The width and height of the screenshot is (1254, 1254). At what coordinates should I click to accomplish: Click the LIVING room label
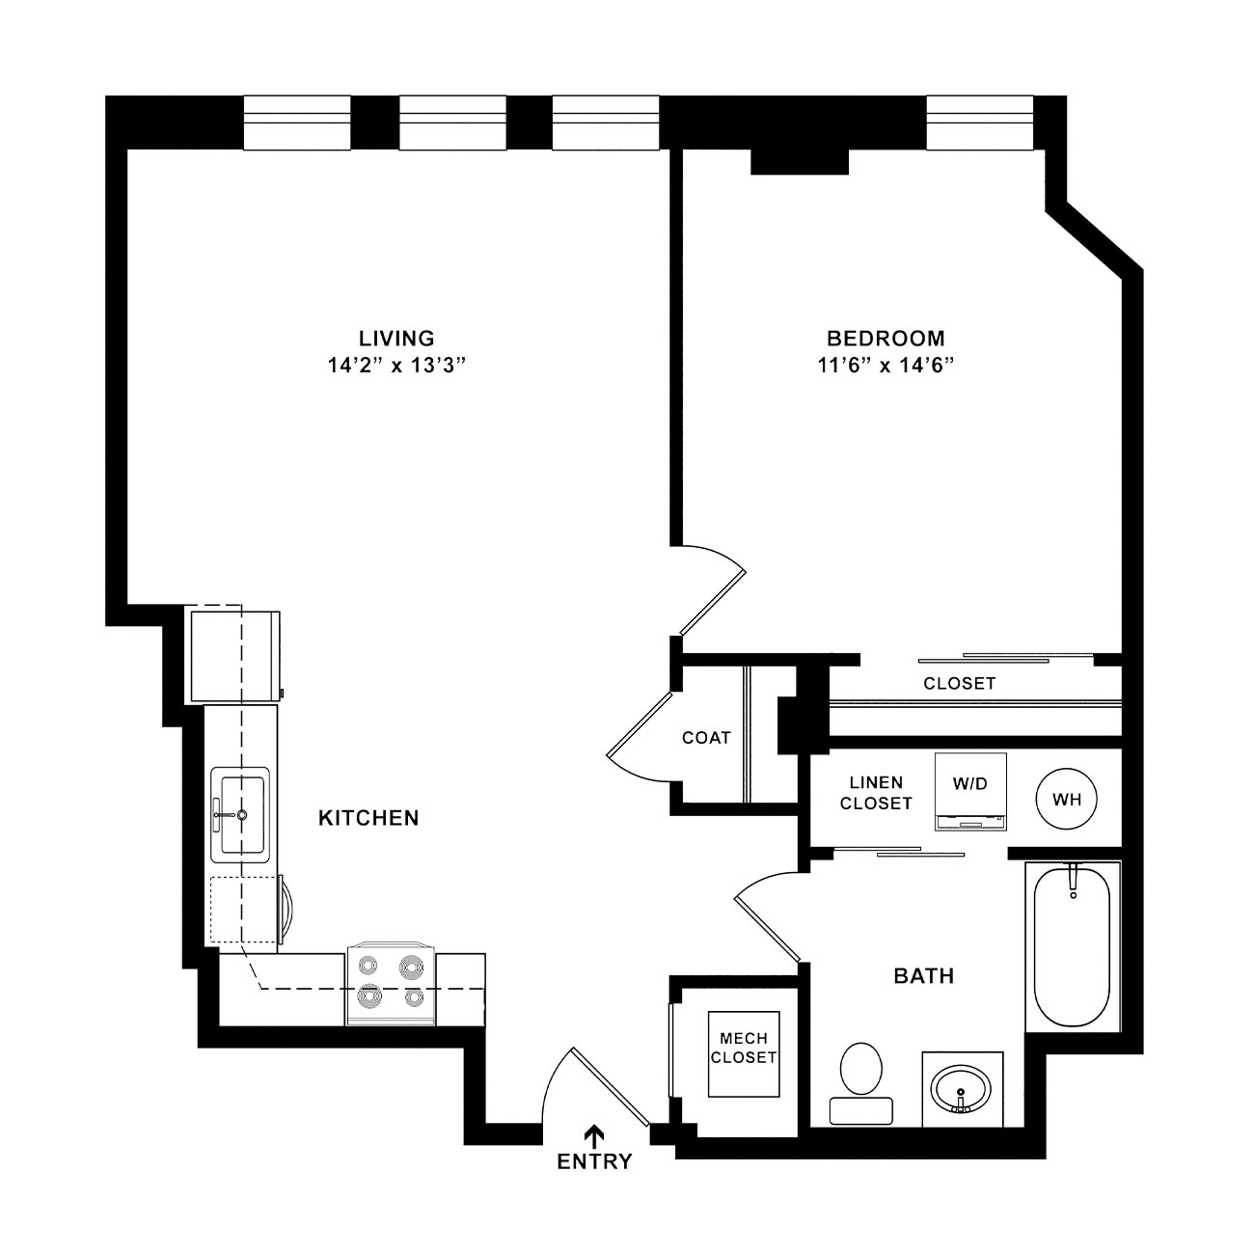click(396, 339)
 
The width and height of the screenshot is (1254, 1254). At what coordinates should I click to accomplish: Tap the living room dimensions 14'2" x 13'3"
click(396, 366)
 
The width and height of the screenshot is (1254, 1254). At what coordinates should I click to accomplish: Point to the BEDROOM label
click(886, 339)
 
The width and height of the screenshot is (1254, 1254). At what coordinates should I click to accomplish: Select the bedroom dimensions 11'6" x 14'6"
click(886, 366)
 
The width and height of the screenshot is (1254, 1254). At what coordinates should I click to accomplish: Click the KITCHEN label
click(368, 818)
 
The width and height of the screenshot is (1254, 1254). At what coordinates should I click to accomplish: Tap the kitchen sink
click(240, 815)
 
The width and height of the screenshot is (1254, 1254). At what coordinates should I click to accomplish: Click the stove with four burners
click(391, 983)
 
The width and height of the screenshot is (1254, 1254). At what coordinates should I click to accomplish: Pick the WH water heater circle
click(1066, 799)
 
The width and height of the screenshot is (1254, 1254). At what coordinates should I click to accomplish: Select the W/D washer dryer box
click(970, 791)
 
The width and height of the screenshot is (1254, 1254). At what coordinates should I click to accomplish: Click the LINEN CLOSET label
click(876, 793)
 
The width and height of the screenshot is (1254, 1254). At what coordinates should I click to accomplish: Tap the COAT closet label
click(706, 738)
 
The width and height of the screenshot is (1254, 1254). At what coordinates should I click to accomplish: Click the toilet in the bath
click(861, 1085)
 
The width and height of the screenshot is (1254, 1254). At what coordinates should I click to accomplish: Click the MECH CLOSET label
click(743, 1049)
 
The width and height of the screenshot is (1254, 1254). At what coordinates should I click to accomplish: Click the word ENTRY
click(594, 1162)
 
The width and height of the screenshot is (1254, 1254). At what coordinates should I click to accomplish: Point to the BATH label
click(924, 976)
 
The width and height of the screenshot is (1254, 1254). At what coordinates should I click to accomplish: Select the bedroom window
click(979, 123)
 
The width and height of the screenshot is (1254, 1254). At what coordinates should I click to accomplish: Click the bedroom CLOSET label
click(959, 684)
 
